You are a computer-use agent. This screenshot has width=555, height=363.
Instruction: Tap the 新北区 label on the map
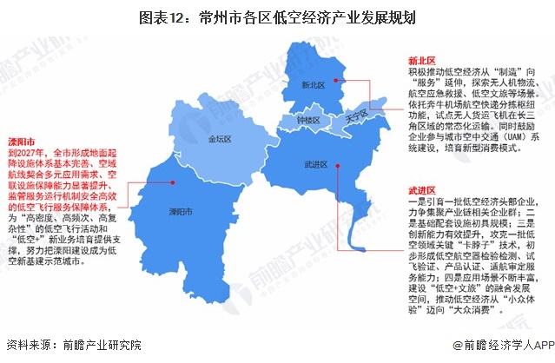(313, 86)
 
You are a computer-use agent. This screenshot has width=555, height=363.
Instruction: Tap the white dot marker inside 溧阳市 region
(175, 183)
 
